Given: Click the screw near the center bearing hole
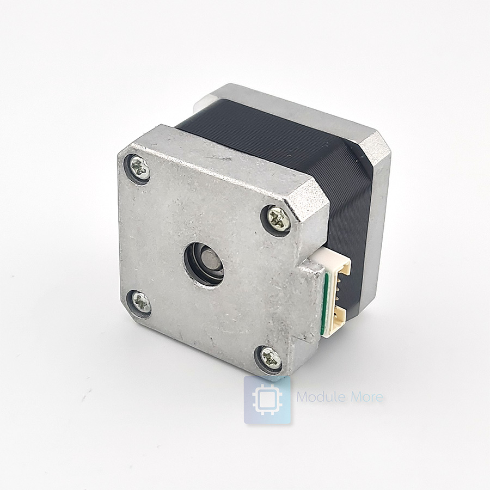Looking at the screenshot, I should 279,219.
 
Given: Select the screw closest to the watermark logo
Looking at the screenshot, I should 270,358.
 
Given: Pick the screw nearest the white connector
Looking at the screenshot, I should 279,219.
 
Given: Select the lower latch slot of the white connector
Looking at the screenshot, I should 340,316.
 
